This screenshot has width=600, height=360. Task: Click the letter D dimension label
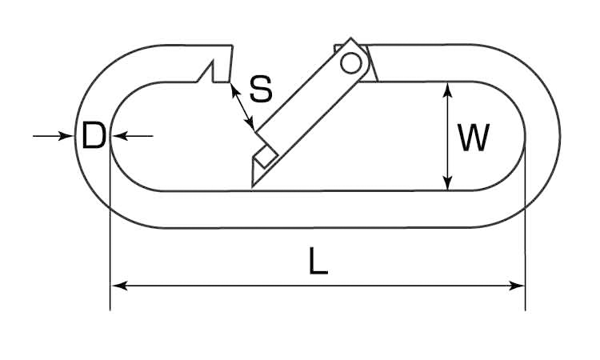click(94, 137)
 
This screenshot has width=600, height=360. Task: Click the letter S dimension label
click(260, 89)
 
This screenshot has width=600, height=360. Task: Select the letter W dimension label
click(474, 138)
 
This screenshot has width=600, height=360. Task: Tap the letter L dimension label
click(318, 263)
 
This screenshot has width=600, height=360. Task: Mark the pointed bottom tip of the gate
click(252, 185)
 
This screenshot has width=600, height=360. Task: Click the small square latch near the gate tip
click(267, 154)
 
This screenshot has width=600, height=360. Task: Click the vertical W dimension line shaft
click(449, 136)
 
